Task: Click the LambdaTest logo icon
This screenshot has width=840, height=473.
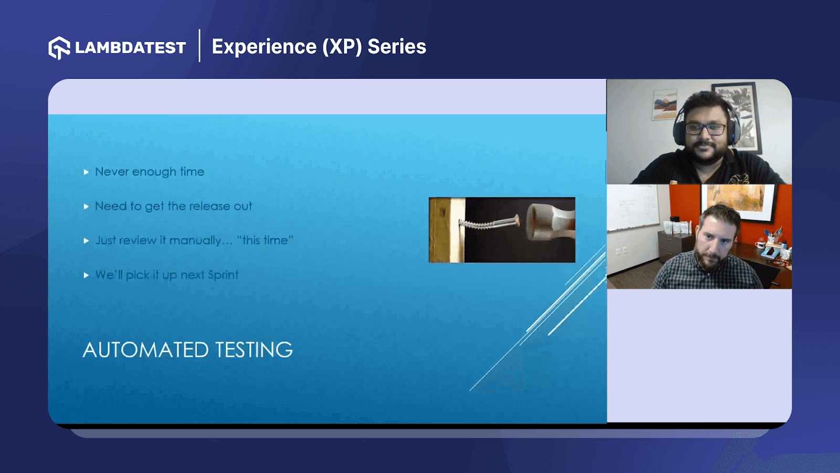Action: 59,48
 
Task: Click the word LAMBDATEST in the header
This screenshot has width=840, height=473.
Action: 130,48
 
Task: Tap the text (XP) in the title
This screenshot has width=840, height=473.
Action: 342,47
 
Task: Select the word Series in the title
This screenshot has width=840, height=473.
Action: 397,47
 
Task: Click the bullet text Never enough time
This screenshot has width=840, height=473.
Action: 150,172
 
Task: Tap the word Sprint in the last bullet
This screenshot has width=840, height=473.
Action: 223,275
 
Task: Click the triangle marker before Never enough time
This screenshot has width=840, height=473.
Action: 86,172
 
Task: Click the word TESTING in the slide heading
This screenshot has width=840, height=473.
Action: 254,350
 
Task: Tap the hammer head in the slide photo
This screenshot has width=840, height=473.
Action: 549,221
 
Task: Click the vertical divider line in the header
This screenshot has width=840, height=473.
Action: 199,46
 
